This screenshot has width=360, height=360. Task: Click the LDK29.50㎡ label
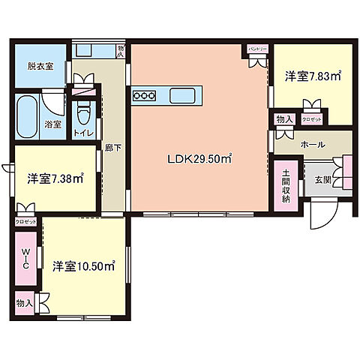click(199, 158)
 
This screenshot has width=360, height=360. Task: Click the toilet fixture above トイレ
click(84, 114)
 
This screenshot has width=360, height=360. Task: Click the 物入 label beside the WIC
click(23, 303)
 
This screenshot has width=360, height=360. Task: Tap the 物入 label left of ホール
click(283, 118)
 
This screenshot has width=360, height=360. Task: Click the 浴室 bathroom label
click(53, 123)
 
